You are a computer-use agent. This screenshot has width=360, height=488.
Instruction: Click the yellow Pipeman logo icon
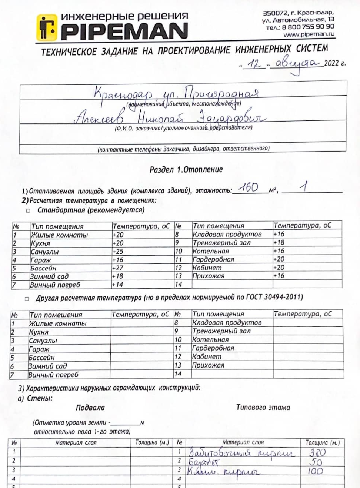(x=47, y=28)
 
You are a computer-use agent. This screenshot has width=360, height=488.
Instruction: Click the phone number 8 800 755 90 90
(x=308, y=27)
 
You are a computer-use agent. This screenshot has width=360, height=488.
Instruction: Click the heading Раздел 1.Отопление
(x=186, y=170)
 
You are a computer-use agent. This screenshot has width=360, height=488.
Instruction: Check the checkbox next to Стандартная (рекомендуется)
(x=28, y=210)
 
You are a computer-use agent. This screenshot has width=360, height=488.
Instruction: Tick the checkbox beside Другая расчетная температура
(x=27, y=298)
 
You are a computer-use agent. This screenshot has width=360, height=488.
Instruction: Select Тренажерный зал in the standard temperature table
(x=221, y=243)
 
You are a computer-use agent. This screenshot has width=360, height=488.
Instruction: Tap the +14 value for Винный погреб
(x=117, y=285)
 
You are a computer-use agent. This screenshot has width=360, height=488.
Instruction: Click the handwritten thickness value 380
(x=317, y=452)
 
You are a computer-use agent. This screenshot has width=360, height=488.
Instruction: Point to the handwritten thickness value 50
(x=316, y=462)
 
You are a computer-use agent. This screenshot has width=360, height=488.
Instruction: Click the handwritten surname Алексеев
(x=99, y=118)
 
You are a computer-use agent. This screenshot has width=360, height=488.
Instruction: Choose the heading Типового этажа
(x=263, y=407)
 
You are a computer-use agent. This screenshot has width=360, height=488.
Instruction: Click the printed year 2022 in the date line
(x=332, y=63)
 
